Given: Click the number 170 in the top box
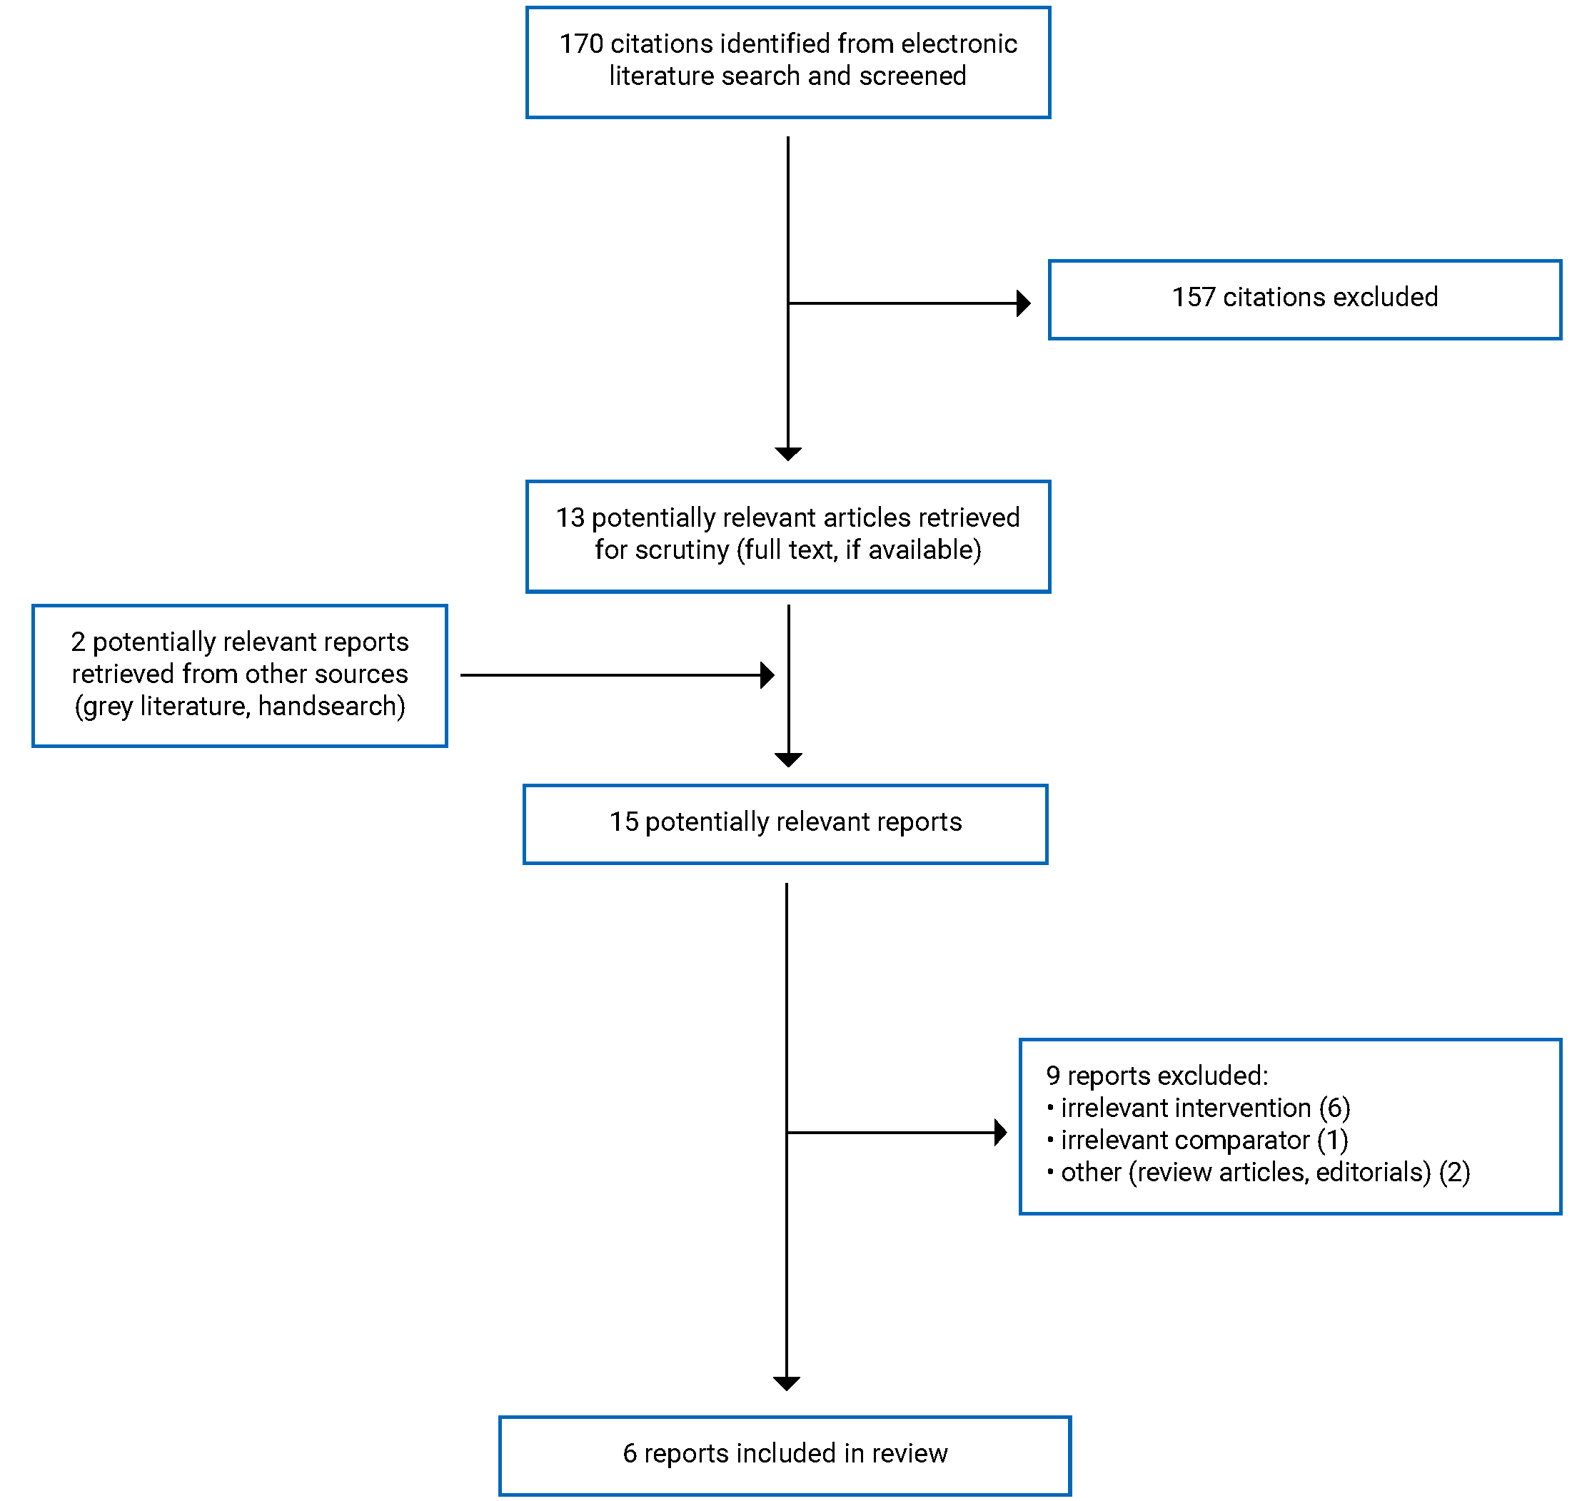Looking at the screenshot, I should (580, 44).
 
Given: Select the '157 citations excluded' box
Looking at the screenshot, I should (1304, 299).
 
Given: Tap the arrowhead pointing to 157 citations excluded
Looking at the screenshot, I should (1022, 303).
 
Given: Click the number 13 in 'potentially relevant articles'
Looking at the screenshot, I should (570, 517).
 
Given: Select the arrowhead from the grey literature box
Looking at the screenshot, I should (767, 674).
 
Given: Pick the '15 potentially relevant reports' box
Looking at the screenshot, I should (784, 824).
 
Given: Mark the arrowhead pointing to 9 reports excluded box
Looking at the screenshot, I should (999, 1132).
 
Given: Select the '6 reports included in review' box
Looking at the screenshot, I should (784, 1455).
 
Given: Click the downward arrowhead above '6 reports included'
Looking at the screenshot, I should (786, 1383).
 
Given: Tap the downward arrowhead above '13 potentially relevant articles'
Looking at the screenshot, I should (787, 454).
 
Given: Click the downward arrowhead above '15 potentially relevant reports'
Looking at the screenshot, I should (788, 759).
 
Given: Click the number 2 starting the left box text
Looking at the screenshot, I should (78, 642).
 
